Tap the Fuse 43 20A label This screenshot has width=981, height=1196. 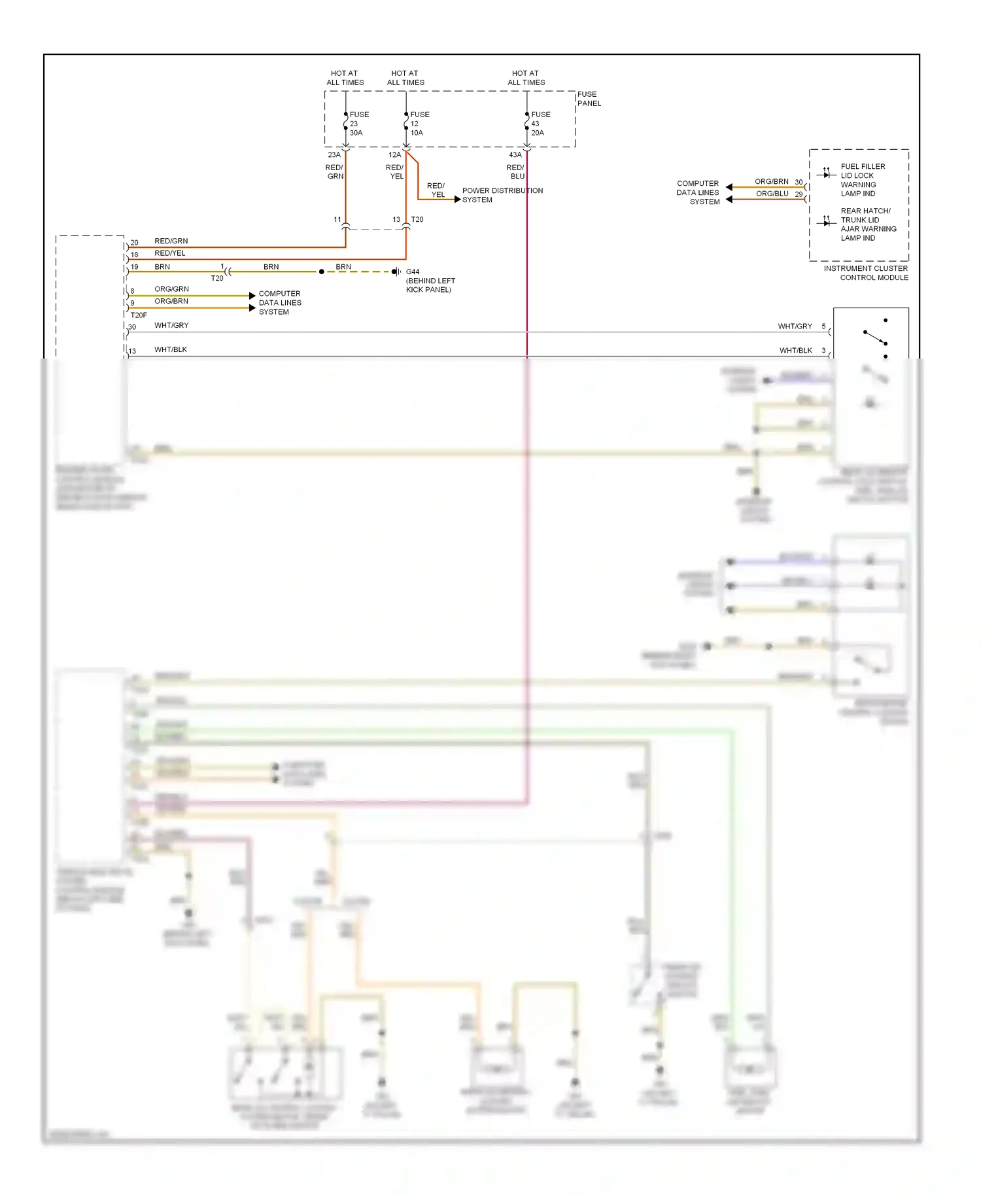(540, 124)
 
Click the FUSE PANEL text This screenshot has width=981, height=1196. (589, 99)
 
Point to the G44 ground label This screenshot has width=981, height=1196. (413, 272)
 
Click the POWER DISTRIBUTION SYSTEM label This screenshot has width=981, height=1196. (502, 195)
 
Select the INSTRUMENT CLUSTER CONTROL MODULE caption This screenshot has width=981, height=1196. (865, 273)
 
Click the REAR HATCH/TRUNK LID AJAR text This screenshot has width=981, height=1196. (868, 224)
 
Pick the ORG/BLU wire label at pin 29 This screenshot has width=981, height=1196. (772, 194)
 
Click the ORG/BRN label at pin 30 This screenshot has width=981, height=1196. (771, 181)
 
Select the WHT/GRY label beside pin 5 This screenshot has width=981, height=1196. (795, 326)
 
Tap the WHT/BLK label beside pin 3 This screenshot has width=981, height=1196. (795, 350)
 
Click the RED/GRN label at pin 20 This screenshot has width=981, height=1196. (171, 241)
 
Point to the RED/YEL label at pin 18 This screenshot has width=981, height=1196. (169, 253)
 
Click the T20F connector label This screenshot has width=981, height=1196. (139, 315)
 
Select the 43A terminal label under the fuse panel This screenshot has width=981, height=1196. (515, 155)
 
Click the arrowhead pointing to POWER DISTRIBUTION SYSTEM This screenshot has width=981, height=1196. (458, 199)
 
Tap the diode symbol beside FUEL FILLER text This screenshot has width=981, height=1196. (827, 175)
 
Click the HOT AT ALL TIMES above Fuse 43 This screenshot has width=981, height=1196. (526, 78)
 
